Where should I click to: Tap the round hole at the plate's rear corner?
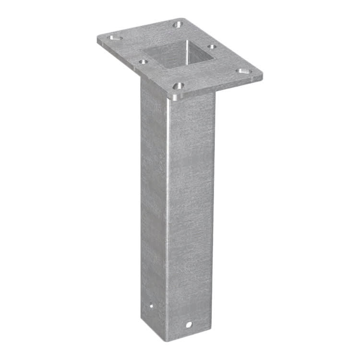(178, 24)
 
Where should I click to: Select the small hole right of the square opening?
(211, 47)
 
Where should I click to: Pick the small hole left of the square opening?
(143, 61)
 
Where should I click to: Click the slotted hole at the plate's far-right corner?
(244, 71)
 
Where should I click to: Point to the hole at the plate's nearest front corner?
(178, 86)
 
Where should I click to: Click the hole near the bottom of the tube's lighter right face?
(189, 324)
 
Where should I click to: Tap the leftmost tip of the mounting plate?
(97, 38)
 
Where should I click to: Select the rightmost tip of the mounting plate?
(263, 75)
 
